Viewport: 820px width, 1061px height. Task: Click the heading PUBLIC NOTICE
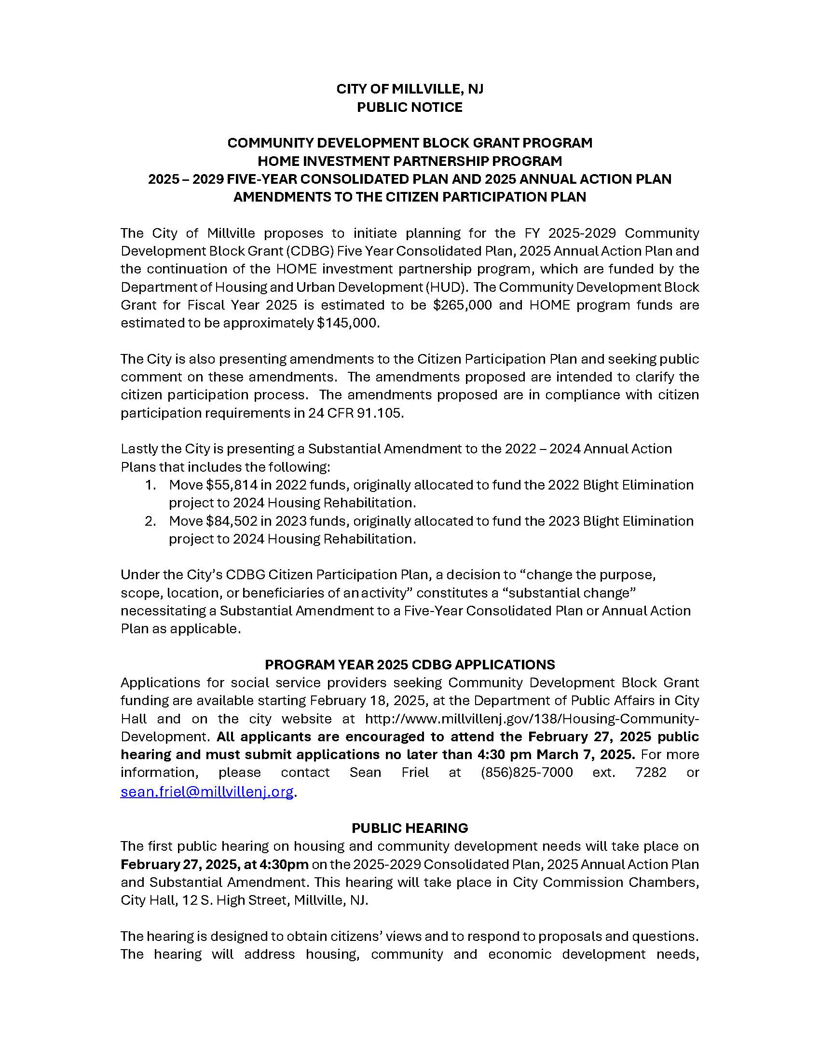(x=410, y=107)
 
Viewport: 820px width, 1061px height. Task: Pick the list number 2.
(x=150, y=521)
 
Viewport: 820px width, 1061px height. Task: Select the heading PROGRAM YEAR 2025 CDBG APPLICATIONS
(x=410, y=664)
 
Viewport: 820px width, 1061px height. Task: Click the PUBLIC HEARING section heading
(x=410, y=828)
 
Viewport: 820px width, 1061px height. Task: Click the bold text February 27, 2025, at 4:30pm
(x=214, y=864)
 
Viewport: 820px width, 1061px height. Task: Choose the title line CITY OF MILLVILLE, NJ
(x=410, y=89)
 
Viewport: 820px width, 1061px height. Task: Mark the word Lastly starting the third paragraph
(x=137, y=449)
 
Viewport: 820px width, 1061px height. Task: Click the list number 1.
(x=150, y=485)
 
